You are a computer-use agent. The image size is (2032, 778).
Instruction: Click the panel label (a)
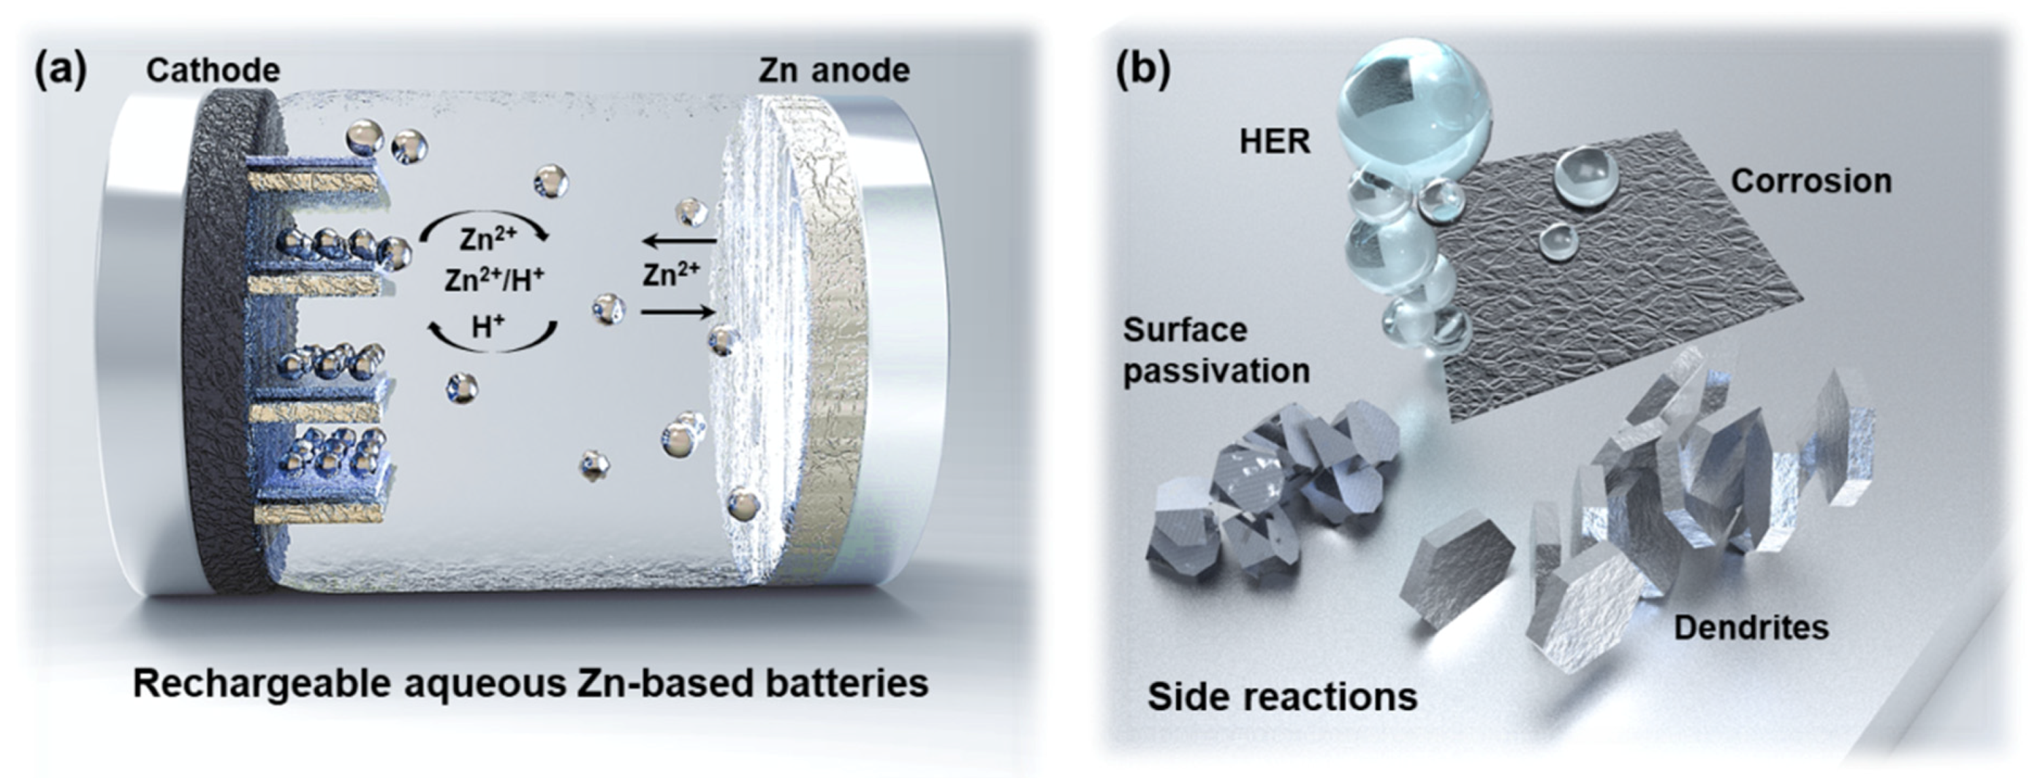click(x=60, y=71)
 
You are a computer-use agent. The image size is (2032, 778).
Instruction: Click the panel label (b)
click(x=1142, y=71)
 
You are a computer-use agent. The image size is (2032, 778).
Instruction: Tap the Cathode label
click(x=213, y=71)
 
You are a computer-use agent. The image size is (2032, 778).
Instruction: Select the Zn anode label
click(x=834, y=71)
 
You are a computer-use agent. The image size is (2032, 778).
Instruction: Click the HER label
click(x=1275, y=142)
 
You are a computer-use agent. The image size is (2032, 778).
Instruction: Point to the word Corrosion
click(x=1811, y=181)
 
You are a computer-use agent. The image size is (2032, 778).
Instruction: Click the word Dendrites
click(x=1751, y=628)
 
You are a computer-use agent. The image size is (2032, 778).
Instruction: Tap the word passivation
click(x=1216, y=371)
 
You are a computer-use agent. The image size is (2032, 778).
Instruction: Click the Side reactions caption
click(x=1283, y=697)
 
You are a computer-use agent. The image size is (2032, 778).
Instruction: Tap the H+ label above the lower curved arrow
click(x=488, y=326)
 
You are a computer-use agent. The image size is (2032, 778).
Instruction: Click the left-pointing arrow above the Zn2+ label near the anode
click(x=679, y=240)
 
